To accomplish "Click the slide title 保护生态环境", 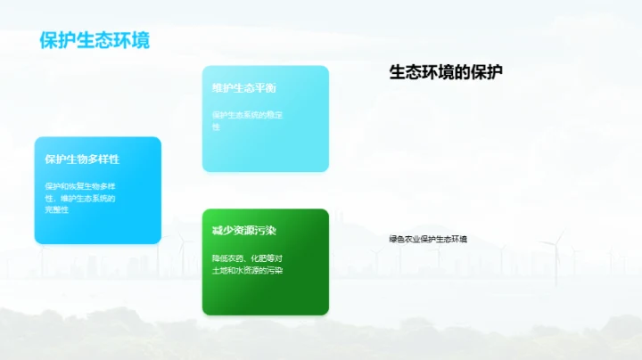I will [x=95, y=40].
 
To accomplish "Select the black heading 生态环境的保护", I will [x=446, y=72].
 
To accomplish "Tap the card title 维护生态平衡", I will [x=243, y=87].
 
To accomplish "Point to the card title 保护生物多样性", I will [x=82, y=159].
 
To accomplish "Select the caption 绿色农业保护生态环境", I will [x=428, y=239].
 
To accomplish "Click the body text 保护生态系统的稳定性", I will [x=247, y=120].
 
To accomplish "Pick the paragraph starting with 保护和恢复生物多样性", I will [x=81, y=197].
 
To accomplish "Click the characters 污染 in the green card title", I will [x=265, y=230].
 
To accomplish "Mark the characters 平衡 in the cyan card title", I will [x=265, y=87].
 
